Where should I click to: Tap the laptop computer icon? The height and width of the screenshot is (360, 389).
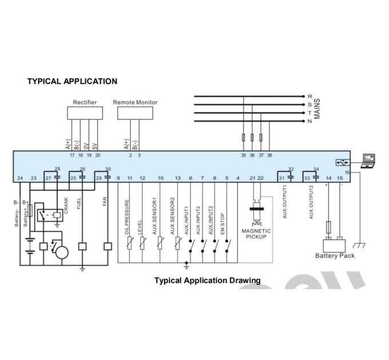369,161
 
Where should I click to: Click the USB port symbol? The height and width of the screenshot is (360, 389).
343,162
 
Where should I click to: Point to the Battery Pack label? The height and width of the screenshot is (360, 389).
335,255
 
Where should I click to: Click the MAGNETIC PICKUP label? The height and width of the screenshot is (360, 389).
256,234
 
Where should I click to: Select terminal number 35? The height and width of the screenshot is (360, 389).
243,155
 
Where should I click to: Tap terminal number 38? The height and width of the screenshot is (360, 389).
269,155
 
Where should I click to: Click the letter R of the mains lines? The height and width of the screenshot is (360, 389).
309,97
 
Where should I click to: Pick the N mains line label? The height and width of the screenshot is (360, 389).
309,121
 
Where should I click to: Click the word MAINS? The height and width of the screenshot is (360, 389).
317,109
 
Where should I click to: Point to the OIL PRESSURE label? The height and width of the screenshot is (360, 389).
127,217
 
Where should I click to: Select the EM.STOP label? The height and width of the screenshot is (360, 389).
223,224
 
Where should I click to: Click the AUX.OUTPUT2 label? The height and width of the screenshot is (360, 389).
311,202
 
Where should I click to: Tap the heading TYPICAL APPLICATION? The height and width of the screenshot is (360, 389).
72,81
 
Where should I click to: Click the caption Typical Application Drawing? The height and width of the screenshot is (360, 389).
208,281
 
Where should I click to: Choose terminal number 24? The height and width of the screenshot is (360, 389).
20,178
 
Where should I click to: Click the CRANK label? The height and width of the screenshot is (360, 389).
66,205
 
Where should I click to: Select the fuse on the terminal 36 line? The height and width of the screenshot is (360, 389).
252,137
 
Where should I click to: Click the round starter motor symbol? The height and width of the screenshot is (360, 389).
62,253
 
